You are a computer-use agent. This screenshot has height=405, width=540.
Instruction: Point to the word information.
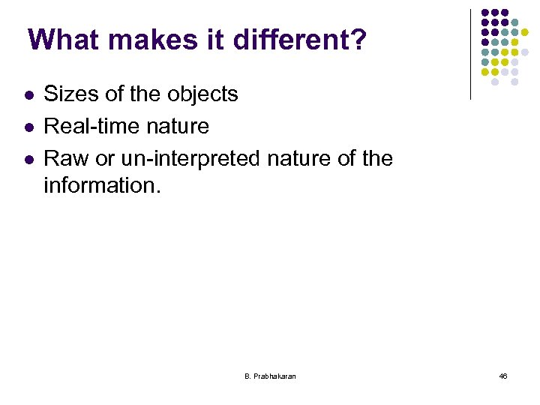[102, 184]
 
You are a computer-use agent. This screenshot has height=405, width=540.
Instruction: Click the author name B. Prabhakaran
[270, 376]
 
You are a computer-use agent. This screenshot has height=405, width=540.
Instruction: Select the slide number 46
[502, 376]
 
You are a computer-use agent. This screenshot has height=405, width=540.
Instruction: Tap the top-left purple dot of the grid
[485, 13]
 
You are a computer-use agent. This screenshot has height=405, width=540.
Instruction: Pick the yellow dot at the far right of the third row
[525, 32]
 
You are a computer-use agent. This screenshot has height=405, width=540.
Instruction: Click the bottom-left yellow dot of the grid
[485, 72]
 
